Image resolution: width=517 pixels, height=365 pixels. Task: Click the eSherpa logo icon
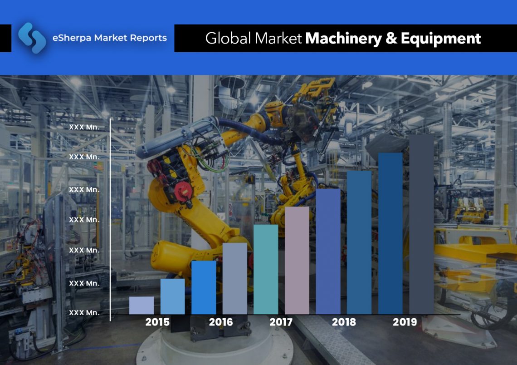pos(32,38)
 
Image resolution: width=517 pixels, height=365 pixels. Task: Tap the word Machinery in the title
pos(344,39)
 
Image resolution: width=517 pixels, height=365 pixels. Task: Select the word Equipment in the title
pos(440,39)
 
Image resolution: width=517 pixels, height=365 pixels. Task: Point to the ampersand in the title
pos(391,39)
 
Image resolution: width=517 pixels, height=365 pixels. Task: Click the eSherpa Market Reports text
pos(109,38)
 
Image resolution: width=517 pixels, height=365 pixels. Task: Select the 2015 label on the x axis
pos(157,322)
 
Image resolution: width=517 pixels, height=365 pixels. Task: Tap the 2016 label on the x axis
pos(221,322)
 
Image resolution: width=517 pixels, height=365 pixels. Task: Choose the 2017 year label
pos(281,322)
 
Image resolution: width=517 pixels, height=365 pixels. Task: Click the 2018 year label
pos(344,322)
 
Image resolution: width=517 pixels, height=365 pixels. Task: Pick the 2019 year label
pos(405,322)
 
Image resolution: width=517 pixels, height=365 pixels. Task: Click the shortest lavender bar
pos(141,305)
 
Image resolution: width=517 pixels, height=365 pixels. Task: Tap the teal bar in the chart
pos(266,269)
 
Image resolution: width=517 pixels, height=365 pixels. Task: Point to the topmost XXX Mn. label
pos(84,127)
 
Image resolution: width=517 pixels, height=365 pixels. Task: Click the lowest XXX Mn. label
pos(84,313)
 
